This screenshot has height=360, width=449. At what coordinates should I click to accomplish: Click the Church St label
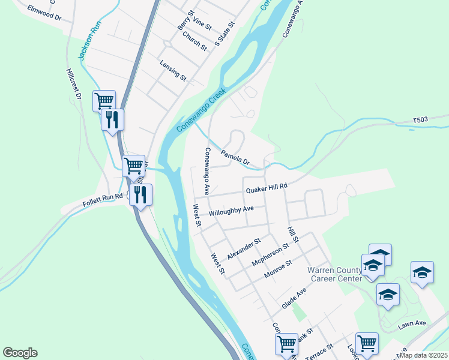pos(194,41)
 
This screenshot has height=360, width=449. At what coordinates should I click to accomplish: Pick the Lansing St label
pos(173,70)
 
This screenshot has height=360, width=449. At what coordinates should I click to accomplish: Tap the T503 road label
pos(422,121)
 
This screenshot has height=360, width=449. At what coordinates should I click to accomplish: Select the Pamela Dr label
pos(235,157)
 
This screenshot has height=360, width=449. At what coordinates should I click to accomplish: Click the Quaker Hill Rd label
pos(267,188)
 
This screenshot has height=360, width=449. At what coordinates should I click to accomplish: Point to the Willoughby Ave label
pos(231,211)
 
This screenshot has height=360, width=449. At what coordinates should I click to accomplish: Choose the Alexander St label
pos(244,249)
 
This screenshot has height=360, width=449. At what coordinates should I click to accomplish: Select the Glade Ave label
pos(294,298)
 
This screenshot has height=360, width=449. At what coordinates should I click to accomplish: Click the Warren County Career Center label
pos(335,274)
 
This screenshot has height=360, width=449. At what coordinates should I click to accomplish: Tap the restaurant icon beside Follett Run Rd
pos(140,194)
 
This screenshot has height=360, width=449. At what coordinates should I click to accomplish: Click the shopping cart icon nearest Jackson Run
pos(104,100)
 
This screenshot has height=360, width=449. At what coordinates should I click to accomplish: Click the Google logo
pos(20,353)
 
